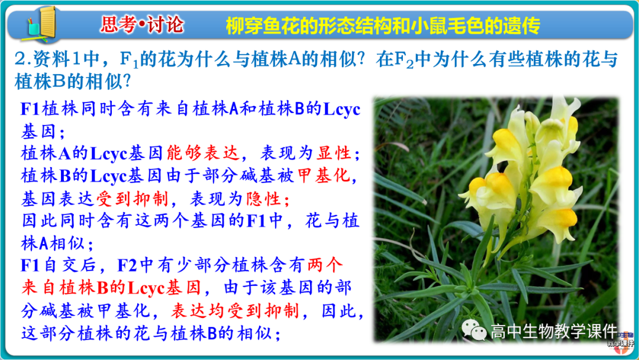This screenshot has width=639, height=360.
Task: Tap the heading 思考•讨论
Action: coord(142,25)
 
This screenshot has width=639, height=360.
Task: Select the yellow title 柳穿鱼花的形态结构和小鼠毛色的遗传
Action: coord(383,25)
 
